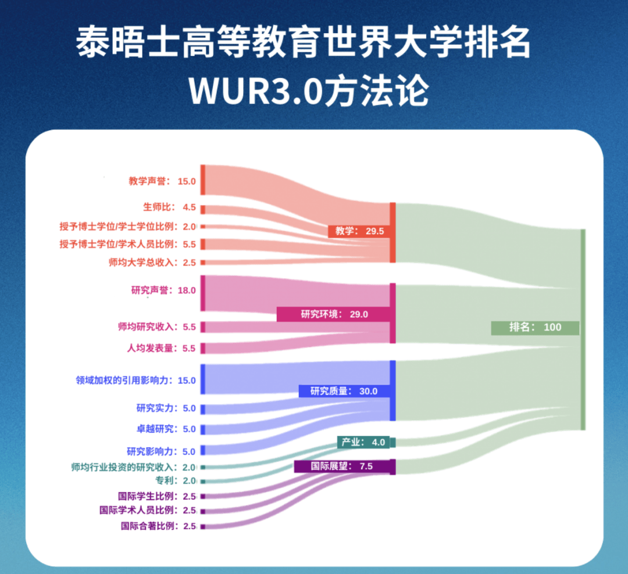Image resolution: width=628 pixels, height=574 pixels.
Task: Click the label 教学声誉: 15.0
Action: [x=162, y=181]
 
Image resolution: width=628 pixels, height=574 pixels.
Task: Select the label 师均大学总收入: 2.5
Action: [x=152, y=263]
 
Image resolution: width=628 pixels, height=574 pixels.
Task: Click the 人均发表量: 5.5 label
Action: [x=161, y=349]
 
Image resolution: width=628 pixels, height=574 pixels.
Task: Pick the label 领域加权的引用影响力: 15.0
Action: [x=135, y=381]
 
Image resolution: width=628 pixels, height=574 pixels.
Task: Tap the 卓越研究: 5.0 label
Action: [x=166, y=429]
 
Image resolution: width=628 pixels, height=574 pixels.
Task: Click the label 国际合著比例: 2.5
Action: [x=158, y=526]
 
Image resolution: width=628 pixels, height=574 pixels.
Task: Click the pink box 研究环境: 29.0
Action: [x=334, y=314]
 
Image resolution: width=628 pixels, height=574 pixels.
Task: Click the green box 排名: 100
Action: [x=535, y=327]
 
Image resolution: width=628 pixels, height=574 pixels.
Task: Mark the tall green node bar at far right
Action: [x=583, y=329]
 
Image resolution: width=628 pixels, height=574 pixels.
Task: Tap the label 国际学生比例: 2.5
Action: [x=156, y=496]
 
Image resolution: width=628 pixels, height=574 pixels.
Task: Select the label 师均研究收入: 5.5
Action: [x=156, y=327]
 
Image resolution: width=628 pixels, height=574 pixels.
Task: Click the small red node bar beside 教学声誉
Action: [x=203, y=180]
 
